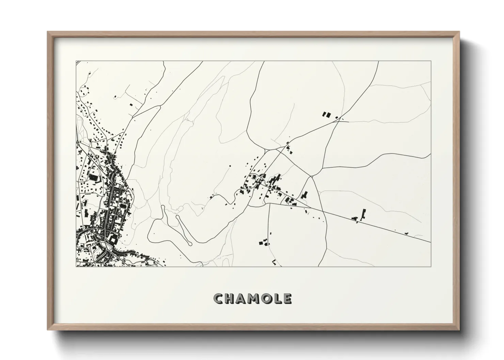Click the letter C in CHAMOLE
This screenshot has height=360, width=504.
pyautogui.click(x=219, y=299)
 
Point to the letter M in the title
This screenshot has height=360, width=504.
pyautogui.click(x=254, y=299)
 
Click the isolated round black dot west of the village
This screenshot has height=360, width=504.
pyautogui.click(x=230, y=166)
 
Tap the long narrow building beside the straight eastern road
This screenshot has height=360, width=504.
pyautogui.click(x=363, y=213)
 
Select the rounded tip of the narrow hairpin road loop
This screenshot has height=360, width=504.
pyautogui.click(x=189, y=243)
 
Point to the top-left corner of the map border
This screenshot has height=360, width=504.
pyautogui.click(x=76, y=61)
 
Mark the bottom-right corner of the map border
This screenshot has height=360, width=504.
pyautogui.click(x=431, y=266)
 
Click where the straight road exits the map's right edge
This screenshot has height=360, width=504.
pyautogui.click(x=431, y=242)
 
